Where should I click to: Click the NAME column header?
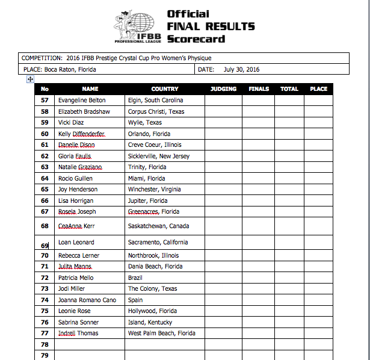coord(90,89)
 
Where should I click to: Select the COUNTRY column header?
coord(164,89)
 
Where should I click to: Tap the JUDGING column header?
coord(223,89)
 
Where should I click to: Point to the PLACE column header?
coord(318,89)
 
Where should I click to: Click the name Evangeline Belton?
coord(82,101)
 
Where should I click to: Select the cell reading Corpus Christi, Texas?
coord(156,111)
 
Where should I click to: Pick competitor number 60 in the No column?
coord(45,134)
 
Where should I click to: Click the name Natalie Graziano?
coord(80,167)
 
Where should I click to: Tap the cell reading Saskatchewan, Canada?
coord(158,226)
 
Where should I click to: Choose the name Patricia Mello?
coord(76,278)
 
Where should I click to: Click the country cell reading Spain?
coord(136,300)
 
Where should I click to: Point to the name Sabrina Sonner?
coord(78,322)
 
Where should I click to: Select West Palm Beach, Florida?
coord(161,334)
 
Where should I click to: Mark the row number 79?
coord(45,355)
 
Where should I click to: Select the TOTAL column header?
coord(289,89)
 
